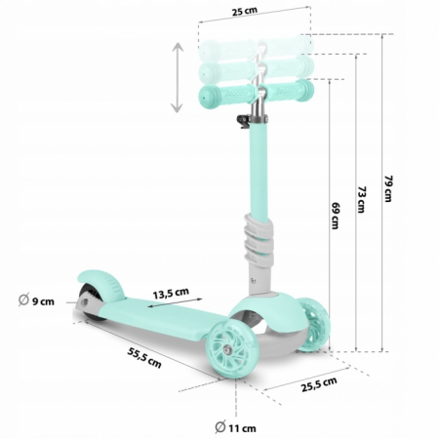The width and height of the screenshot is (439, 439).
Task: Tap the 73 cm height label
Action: click(x=360, y=201)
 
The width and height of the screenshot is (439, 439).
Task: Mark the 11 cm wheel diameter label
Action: click(x=244, y=426)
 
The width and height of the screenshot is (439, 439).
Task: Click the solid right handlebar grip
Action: click(x=295, y=92)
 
